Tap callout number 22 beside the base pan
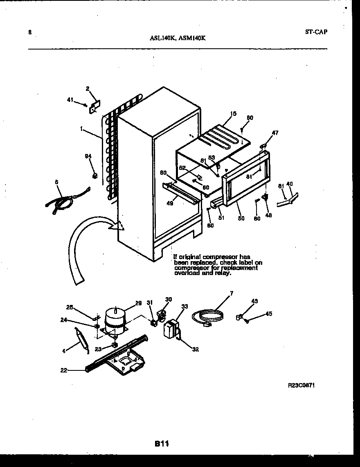pos(63,370)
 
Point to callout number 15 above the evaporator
pos(233,113)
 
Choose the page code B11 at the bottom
pos(162,443)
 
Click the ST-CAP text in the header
pos(316,32)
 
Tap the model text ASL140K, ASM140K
pos(178,38)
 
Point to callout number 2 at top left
pos(87,88)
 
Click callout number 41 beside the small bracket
pos(70,99)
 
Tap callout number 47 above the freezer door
pos(275,133)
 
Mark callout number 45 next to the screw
pos(268,314)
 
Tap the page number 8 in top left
pos(30,32)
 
